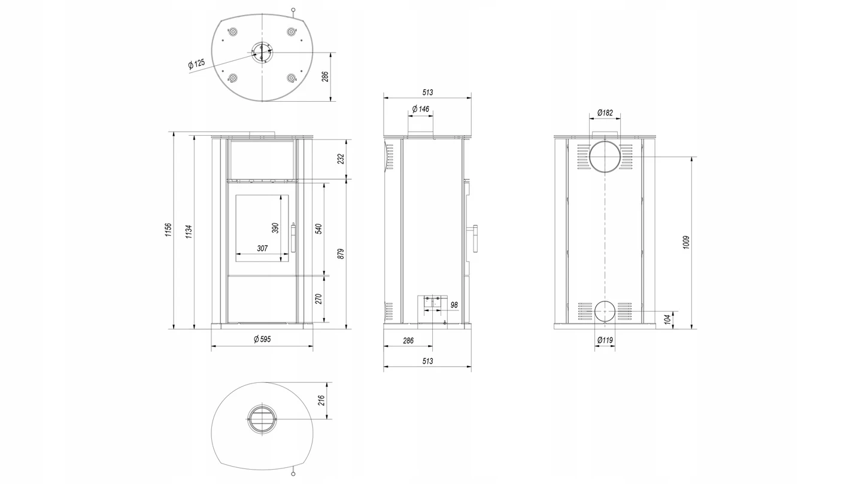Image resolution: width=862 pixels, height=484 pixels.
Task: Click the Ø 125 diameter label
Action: [196, 64]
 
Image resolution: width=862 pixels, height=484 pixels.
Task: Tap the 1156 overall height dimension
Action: [169, 230]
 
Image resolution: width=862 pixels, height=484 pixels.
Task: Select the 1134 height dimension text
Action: [189, 232]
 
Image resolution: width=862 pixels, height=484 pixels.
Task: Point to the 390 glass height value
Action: [275, 228]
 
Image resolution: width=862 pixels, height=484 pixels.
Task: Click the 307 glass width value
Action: [262, 248]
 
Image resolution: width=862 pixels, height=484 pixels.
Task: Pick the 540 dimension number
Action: [318, 229]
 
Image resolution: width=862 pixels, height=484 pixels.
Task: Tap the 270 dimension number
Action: [318, 299]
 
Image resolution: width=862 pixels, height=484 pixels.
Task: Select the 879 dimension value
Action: [341, 254]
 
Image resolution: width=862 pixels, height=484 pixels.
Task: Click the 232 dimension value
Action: [341, 159]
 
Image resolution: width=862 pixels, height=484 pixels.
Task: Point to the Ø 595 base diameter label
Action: [262, 339]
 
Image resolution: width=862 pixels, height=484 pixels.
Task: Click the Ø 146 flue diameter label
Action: [421, 109]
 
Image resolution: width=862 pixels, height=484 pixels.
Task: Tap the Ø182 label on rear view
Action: [605, 112]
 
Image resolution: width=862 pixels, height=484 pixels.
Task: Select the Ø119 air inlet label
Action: [605, 340]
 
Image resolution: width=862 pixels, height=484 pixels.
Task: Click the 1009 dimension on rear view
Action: [686, 242]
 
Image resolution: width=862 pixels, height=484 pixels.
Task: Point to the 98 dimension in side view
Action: [454, 305]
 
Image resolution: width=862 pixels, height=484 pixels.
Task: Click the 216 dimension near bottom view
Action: [321, 400]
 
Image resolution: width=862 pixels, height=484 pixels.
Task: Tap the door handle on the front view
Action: [293, 238]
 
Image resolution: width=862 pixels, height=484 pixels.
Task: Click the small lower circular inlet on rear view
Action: [605, 311]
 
